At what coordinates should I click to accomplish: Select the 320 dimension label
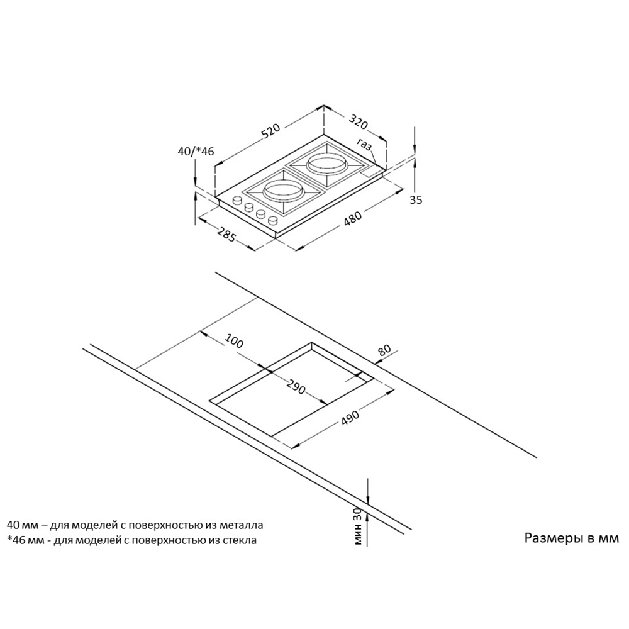click(358, 121)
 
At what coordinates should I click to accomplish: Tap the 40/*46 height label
click(196, 151)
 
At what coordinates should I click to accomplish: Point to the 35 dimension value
click(416, 200)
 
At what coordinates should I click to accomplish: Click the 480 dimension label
click(353, 219)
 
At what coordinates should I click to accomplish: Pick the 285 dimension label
click(225, 234)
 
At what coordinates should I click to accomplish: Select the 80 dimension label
click(384, 350)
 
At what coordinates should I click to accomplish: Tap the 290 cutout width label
click(296, 386)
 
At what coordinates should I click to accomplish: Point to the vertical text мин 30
click(358, 526)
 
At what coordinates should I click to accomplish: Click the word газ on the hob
click(364, 145)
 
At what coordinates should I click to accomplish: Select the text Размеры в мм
click(572, 538)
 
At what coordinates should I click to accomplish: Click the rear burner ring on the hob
click(326, 164)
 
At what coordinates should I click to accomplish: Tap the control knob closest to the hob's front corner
click(273, 220)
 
